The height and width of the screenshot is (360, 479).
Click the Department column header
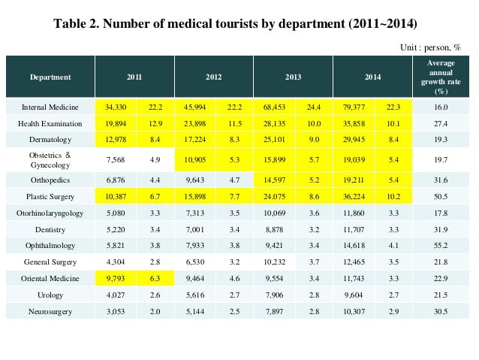[50, 77]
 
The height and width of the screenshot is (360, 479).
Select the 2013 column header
[294, 77]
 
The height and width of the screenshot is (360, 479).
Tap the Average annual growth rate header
[441, 77]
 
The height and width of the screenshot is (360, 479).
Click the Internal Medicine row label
[50, 107]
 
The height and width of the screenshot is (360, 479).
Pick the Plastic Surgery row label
[50, 197]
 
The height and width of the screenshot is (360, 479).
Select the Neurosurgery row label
[50, 310]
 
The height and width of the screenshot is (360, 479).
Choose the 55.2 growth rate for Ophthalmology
[441, 246]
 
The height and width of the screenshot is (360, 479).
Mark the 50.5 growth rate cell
[441, 197]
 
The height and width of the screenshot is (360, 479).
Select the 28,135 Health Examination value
[274, 123]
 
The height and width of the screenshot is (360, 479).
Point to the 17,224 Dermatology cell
[194, 140]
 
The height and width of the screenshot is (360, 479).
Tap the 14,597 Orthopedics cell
[274, 180]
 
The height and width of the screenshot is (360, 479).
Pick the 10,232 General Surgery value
[274, 262]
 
